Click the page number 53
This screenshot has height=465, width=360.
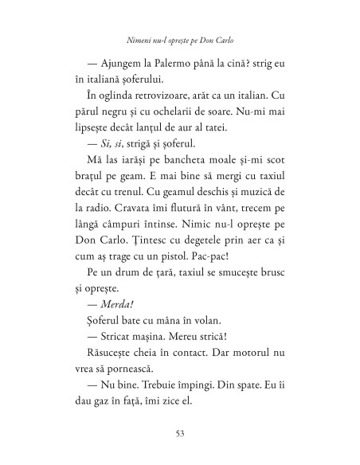coord(179,433)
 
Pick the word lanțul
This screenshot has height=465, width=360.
coord(164,143)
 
